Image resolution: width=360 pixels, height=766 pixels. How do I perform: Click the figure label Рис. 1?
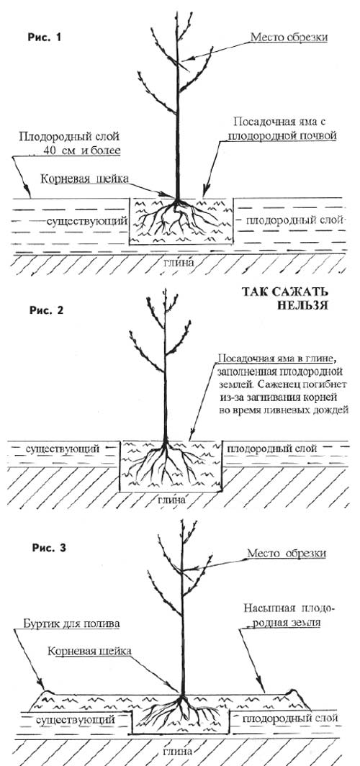click(x=45, y=37)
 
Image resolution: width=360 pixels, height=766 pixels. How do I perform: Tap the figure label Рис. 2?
click(x=47, y=310)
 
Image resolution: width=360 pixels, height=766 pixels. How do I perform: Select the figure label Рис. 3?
click(x=48, y=548)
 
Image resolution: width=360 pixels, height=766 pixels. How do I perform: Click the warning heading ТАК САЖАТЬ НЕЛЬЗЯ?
click(x=286, y=299)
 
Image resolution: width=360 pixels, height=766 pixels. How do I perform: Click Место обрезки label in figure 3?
click(x=287, y=554)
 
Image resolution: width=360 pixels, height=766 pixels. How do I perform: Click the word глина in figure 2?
click(x=171, y=500)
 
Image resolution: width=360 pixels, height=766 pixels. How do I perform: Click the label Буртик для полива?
click(x=71, y=623)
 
